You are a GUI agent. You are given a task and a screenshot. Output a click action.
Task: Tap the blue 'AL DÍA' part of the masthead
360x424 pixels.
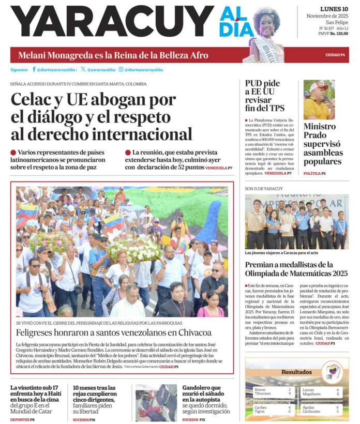(x=236, y=24)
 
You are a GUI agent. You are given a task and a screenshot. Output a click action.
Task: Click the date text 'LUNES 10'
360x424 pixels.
(x=334, y=9)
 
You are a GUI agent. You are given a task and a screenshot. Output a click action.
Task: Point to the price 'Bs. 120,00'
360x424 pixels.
(x=339, y=34)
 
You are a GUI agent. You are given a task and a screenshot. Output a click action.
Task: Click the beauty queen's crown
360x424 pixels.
(x=267, y=10)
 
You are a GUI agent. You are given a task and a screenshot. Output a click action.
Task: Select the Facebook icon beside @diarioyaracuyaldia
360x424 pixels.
(x=34, y=69)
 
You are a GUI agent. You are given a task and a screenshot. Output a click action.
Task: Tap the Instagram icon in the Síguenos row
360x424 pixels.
(x=121, y=69)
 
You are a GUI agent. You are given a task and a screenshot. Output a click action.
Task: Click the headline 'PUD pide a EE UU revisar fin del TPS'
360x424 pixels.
(x=263, y=96)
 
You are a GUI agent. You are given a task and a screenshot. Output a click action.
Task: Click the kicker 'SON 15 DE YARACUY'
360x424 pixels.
(x=264, y=188)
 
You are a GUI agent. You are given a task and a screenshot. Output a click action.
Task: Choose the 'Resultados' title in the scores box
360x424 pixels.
(x=296, y=372)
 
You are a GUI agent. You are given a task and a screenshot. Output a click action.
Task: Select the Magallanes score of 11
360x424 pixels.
(x=337, y=394)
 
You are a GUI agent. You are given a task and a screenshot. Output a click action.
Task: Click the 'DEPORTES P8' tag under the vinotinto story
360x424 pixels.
(x=22, y=419)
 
